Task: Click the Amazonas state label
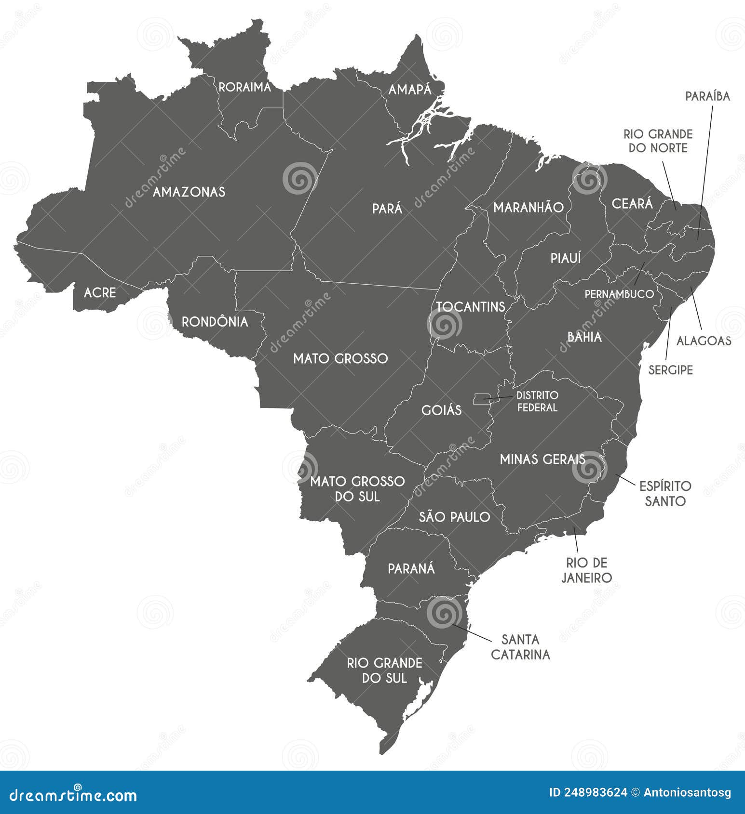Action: pyautogui.click(x=189, y=192)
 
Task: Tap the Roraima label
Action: pyautogui.click(x=245, y=87)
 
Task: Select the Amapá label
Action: pyautogui.click(x=410, y=90)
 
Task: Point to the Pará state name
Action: pyautogui.click(x=387, y=209)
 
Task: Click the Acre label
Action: pyautogui.click(x=100, y=292)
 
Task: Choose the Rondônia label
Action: pyautogui.click(x=215, y=322)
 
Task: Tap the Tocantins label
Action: pyautogui.click(x=471, y=307)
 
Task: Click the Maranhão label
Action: pyautogui.click(x=528, y=208)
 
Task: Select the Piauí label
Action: pyautogui.click(x=566, y=258)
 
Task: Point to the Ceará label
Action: pyautogui.click(x=632, y=204)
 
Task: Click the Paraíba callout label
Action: pyautogui.click(x=707, y=96)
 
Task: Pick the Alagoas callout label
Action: pyautogui.click(x=704, y=341)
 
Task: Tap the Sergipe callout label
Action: pyautogui.click(x=670, y=370)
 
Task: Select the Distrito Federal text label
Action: pyautogui.click(x=537, y=401)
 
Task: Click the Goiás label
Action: pyautogui.click(x=441, y=410)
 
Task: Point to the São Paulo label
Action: pyautogui.click(x=454, y=517)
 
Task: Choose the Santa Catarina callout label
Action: pyautogui.click(x=520, y=647)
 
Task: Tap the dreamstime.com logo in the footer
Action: pyautogui.click(x=74, y=795)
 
